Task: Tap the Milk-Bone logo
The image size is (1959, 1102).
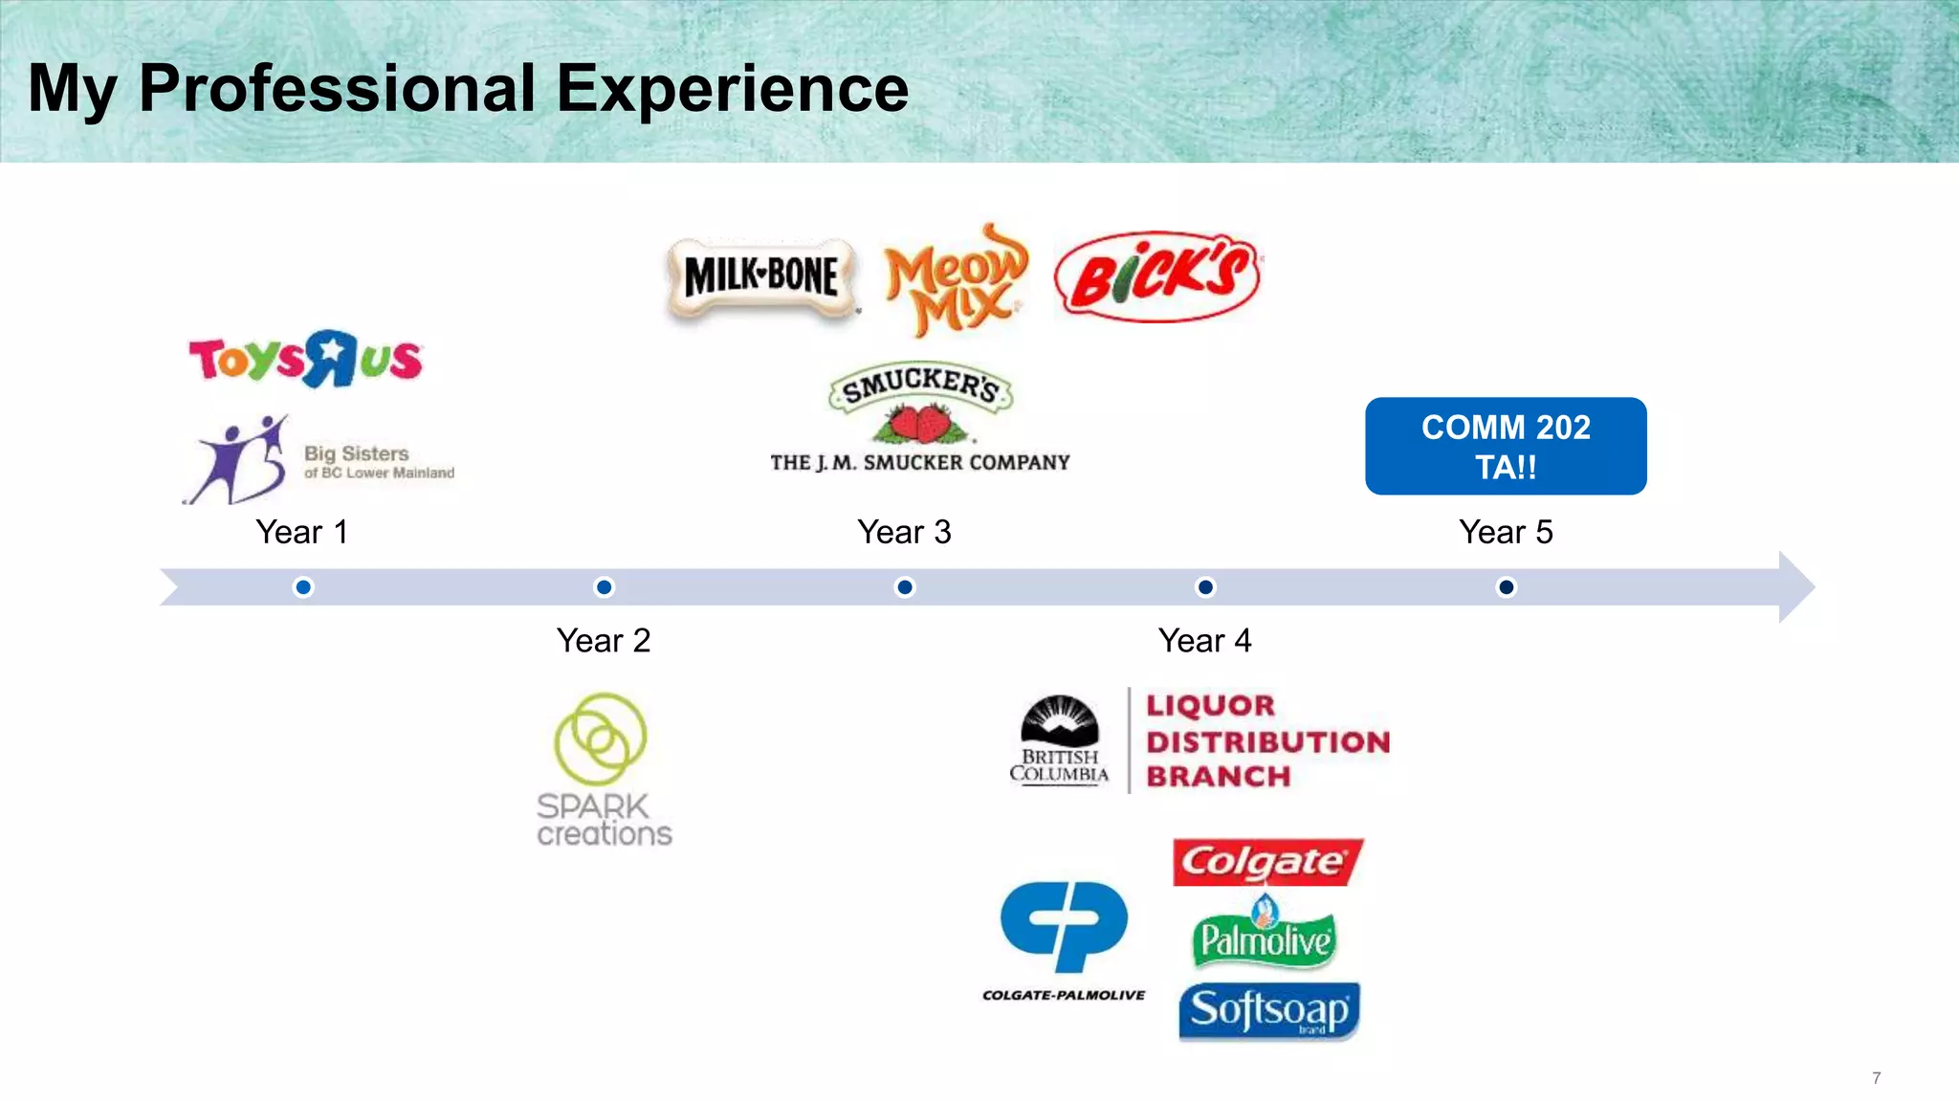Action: pos(761,277)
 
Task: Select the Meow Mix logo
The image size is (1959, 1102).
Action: pos(955,279)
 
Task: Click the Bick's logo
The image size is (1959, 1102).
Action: pos(1157,276)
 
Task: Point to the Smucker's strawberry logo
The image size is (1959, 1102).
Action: pos(920,403)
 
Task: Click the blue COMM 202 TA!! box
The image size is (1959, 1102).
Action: pos(1506,446)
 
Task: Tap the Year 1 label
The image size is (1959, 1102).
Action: pos(302,532)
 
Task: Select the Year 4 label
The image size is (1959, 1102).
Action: pos(1204,640)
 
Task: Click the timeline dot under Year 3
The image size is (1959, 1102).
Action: pos(904,586)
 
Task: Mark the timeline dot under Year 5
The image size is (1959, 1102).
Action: pos(1506,586)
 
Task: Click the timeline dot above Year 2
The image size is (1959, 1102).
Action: pos(604,586)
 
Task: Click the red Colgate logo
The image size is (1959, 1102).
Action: pos(1266,862)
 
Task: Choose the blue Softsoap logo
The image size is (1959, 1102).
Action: pos(1269,1010)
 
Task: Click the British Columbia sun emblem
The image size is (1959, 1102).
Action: pos(1059,720)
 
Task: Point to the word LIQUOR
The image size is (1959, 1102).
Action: pos(1211,706)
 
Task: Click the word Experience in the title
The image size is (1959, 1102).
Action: pos(732,89)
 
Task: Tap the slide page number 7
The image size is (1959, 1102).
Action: pos(1876,1078)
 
